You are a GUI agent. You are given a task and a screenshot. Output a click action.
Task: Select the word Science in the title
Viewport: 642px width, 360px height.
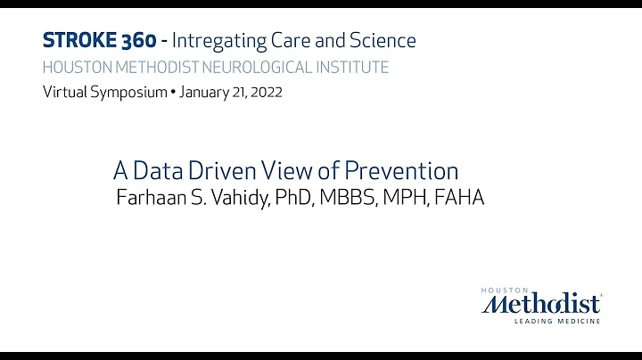pos(383,40)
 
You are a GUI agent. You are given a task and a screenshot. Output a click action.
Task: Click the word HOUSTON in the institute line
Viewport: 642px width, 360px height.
pos(76,68)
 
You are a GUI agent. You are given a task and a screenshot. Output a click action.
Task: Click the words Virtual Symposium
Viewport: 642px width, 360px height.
pos(104,93)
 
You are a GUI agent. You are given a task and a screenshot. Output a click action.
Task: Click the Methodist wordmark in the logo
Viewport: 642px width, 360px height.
pos(540,304)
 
